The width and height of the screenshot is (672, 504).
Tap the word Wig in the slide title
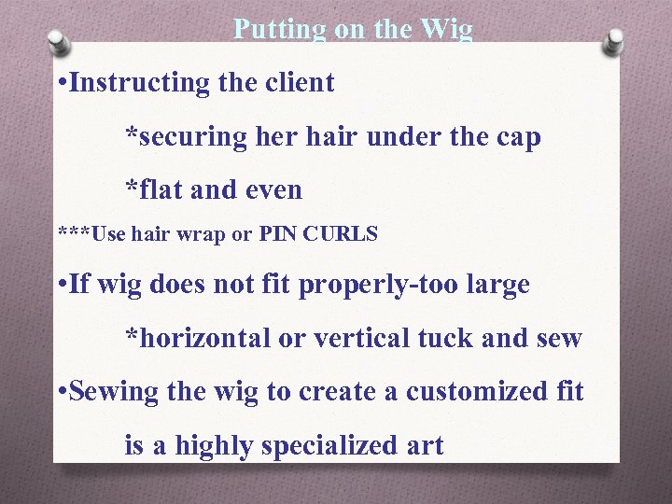[x=447, y=30]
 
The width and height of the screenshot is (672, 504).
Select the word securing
[x=187, y=137]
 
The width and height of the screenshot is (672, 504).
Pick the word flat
[x=155, y=190]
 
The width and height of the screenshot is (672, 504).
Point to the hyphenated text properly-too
[x=375, y=285]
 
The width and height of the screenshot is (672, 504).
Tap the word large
[x=494, y=285]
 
